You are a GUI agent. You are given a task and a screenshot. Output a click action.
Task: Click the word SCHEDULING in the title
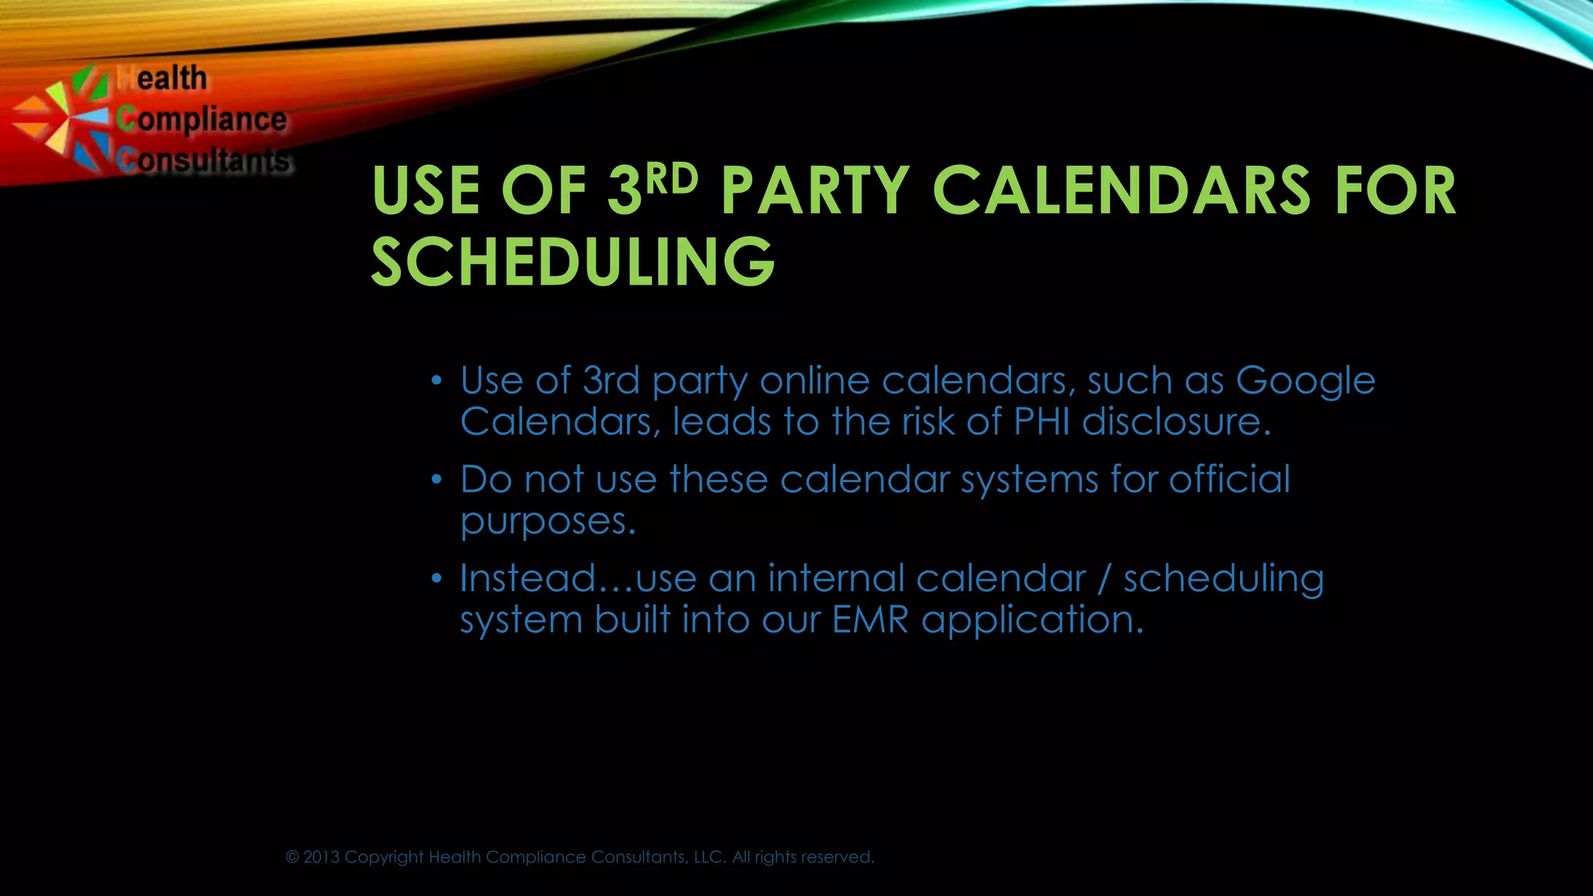point(573,261)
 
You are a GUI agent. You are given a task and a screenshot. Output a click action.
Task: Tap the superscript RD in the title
point(672,180)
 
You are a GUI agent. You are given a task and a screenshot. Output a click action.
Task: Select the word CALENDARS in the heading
point(1121,191)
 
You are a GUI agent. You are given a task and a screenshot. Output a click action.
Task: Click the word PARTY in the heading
point(814,191)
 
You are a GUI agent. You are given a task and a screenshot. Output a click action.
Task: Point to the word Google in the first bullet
point(1305,381)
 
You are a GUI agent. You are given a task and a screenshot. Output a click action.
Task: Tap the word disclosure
point(1175,422)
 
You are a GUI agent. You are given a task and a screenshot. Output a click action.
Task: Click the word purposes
point(548,521)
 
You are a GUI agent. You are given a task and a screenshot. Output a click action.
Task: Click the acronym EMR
point(870,620)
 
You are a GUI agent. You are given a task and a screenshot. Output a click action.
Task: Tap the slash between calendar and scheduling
point(1104,579)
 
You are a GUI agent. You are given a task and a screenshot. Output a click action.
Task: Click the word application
point(1032,621)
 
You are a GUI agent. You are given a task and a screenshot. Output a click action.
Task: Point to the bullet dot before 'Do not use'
point(437,480)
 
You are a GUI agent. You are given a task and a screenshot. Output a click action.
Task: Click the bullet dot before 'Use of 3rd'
point(437,381)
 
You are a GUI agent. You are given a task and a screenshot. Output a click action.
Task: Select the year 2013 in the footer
point(321,857)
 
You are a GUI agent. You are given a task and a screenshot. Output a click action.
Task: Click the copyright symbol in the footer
point(292,857)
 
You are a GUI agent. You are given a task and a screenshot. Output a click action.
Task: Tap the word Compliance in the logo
point(202,120)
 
